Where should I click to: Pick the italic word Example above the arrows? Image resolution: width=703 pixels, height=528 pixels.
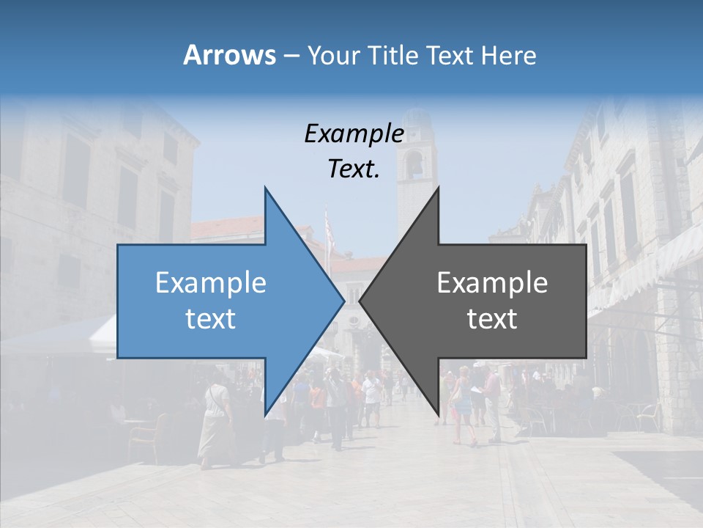click(x=354, y=134)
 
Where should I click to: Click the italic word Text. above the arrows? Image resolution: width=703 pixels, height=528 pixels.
click(x=354, y=169)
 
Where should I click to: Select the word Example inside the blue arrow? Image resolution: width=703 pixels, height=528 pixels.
click(x=211, y=283)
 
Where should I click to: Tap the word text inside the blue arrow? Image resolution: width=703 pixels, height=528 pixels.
click(x=211, y=319)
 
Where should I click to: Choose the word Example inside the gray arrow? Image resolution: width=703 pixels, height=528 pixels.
click(x=492, y=283)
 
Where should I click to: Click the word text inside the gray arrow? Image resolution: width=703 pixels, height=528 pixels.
click(x=492, y=319)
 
